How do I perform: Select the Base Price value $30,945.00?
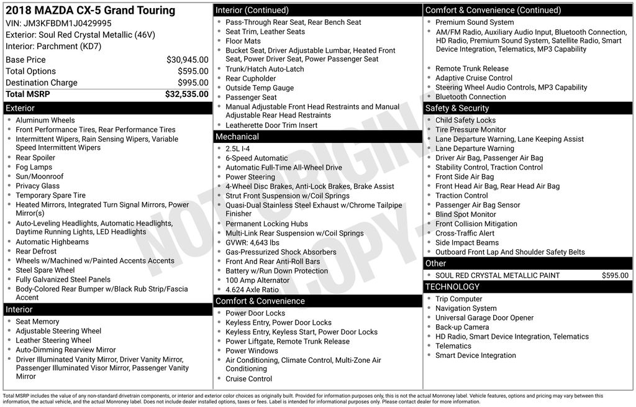pos(187,60)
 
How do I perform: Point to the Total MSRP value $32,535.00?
pos(186,94)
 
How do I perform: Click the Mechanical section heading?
pos(237,137)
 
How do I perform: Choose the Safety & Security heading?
pos(457,108)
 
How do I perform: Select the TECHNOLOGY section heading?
pos(452,286)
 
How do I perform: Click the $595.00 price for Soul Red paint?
pos(615,275)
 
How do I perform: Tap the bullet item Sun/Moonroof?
pos(40,176)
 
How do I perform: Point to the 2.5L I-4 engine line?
pos(238,149)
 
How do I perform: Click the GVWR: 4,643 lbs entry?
pos(252,242)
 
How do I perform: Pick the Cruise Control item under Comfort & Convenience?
pos(248,378)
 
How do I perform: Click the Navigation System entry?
pos(466,308)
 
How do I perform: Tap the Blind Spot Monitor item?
pos(465,214)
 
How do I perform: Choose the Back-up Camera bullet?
pos(462,327)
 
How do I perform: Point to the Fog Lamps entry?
pos(34,167)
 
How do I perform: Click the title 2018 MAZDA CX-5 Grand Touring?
pos(90,11)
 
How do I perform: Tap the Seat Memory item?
pos(37,322)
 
